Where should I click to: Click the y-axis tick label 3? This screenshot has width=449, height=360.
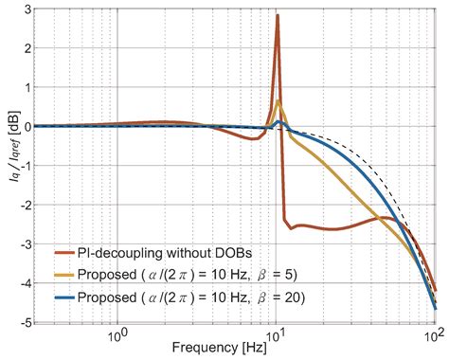pyautogui.click(x=22, y=9)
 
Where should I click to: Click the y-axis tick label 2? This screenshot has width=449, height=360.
pyautogui.click(x=22, y=47)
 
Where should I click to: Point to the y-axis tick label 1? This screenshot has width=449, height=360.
pyautogui.click(x=22, y=87)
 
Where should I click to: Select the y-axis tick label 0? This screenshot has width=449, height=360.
pyautogui.click(x=22, y=126)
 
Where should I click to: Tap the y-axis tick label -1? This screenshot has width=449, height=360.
pyautogui.click(x=19, y=165)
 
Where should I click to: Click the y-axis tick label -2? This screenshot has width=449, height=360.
pyautogui.click(x=19, y=205)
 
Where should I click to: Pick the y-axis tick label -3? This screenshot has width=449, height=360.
pyautogui.click(x=19, y=243)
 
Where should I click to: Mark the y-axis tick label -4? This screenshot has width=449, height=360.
pyautogui.click(x=19, y=282)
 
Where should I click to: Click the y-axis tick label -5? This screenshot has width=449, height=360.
pyautogui.click(x=19, y=322)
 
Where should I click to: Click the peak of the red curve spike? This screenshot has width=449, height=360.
pyautogui.click(x=278, y=15)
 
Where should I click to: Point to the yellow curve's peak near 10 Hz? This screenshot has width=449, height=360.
pyautogui.click(x=278, y=101)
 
